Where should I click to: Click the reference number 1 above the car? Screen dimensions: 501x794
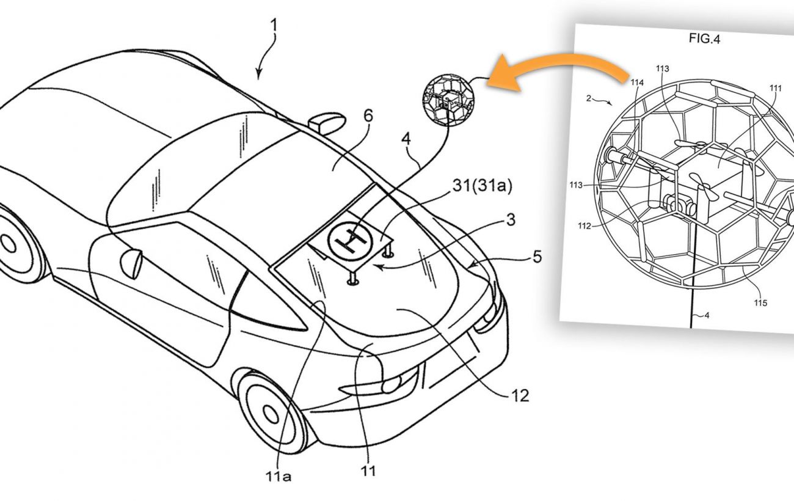274,26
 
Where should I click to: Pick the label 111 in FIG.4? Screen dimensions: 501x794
775,88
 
